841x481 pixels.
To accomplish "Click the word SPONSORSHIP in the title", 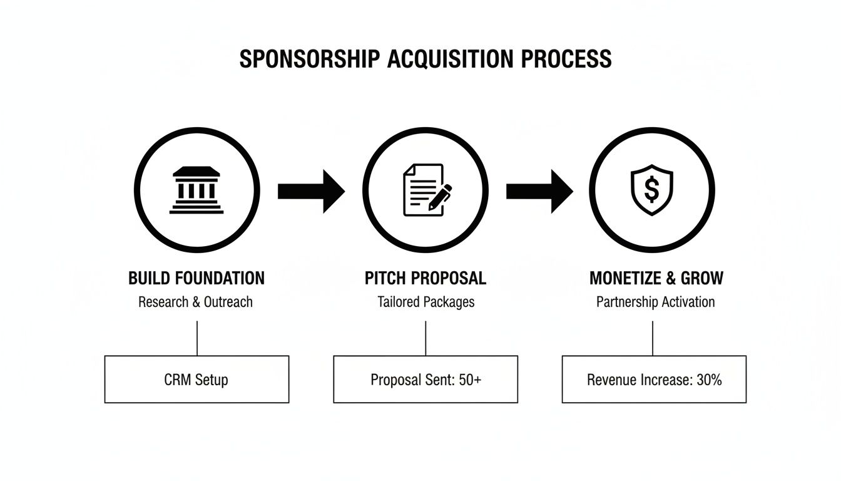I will (310, 58).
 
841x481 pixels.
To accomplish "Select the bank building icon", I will (196, 190).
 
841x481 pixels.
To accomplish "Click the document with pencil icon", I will (427, 190).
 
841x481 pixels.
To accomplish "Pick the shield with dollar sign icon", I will (652, 190).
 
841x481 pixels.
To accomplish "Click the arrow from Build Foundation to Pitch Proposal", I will (311, 190).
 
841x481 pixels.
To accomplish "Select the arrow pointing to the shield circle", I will (539, 190).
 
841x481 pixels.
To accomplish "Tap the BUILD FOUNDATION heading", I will (196, 277).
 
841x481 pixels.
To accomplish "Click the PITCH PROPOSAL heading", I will (426, 277).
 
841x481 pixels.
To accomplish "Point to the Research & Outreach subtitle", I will (195, 302).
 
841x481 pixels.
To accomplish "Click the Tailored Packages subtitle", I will (426, 302).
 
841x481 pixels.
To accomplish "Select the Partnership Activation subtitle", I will (655, 302).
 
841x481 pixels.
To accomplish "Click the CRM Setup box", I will (196, 379).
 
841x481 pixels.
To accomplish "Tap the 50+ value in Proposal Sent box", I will (470, 379).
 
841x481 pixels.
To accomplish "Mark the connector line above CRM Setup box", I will (197, 338).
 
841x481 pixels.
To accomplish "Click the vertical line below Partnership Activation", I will (653, 338).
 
